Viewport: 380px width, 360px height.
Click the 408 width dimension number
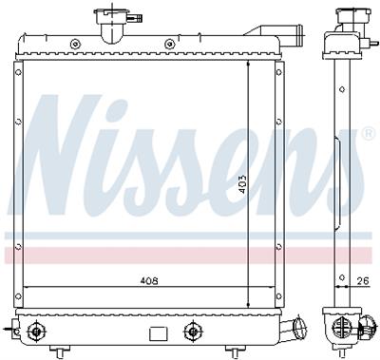pyautogui.click(x=148, y=281)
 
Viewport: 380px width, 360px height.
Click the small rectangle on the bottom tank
pyautogui.click(x=157, y=333)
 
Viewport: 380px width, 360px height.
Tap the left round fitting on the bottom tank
pyautogui.click(x=37, y=331)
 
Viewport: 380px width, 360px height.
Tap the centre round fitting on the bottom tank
pyautogui.click(x=194, y=331)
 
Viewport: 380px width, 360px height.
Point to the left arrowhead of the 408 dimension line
pyautogui.click(x=26, y=288)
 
